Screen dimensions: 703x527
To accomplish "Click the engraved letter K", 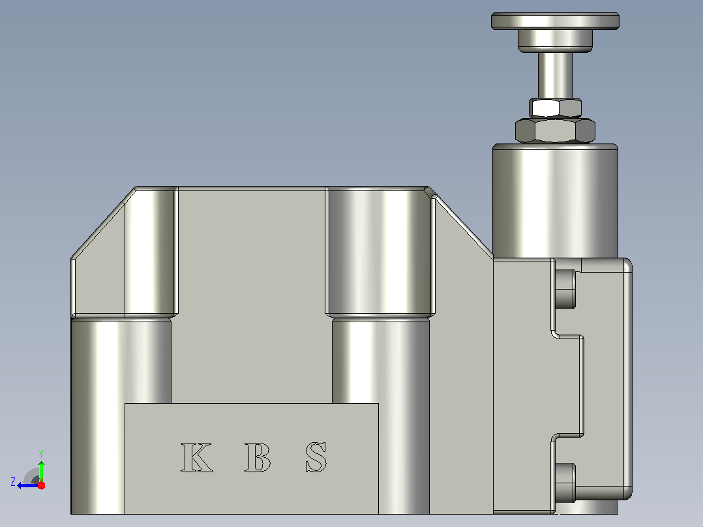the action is click(x=196, y=457).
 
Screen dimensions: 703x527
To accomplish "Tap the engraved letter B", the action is click(x=258, y=457).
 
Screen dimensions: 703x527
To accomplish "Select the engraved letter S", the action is click(x=316, y=457).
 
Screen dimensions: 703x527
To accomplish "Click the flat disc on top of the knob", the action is click(x=555, y=21).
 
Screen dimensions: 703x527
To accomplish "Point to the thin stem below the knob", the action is click(x=555, y=75).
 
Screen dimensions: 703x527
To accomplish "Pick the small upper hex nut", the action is click(x=555, y=108).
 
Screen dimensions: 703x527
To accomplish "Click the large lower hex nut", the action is click(x=555, y=130).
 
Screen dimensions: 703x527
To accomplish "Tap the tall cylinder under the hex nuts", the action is click(x=555, y=201).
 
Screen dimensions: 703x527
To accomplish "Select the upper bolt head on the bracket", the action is click(x=565, y=290).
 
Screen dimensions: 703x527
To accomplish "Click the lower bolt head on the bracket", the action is click(x=565, y=483).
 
